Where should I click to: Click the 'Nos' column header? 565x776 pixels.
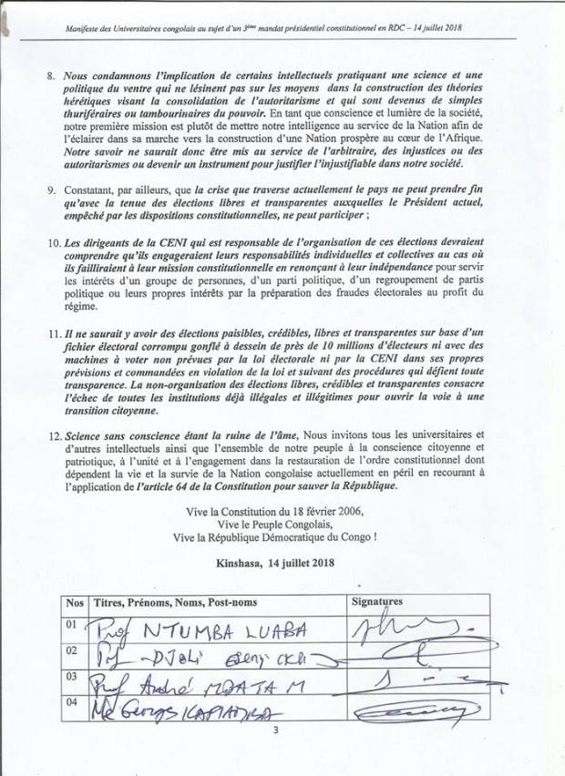pos(77,602)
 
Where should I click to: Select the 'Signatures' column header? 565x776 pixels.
pos(377,602)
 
